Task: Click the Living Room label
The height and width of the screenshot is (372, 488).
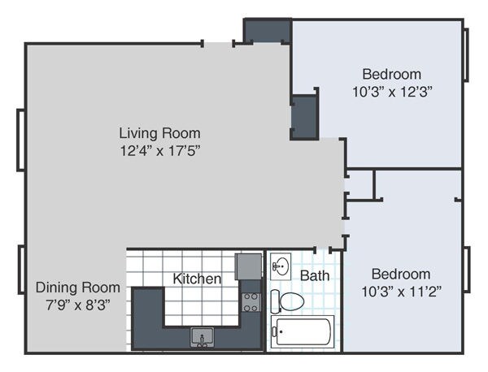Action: pos(159,133)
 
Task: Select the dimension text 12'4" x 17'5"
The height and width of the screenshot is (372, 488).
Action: pos(159,149)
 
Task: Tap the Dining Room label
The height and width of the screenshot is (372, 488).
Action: pos(77,288)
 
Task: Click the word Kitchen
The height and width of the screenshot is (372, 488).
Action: pos(197,279)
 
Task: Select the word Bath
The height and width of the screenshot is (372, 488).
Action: pos(315,276)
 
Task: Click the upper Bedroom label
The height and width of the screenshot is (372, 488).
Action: pos(392,74)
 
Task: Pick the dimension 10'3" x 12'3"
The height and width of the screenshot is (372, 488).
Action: pos(392,91)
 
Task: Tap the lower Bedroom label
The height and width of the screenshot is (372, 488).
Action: pos(401,274)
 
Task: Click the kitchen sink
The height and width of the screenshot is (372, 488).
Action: pos(202,337)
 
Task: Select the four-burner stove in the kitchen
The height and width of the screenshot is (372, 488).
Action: pos(251,302)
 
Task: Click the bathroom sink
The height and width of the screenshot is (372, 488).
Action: pos(280,265)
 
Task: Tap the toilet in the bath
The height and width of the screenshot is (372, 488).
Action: pos(288,301)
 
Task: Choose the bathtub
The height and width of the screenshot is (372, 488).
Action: pos(303,332)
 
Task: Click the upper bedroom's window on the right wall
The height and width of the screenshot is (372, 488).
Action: pos(466,54)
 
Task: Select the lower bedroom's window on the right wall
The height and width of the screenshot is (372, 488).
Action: pos(466,269)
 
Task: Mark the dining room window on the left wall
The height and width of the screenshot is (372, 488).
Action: pos(20,269)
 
